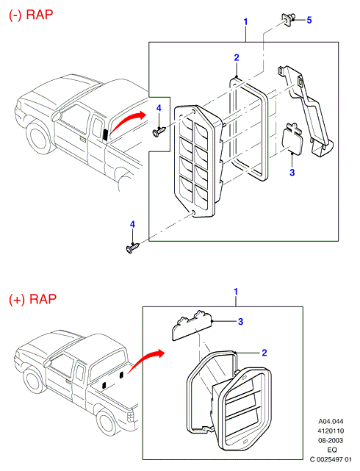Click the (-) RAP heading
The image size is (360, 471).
[x=31, y=15]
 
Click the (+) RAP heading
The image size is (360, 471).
[x=33, y=299]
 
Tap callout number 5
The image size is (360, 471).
[x=309, y=20]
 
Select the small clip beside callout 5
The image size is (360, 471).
[x=288, y=18]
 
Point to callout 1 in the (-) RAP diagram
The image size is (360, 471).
[x=245, y=22]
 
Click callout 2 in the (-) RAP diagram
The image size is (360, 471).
[x=237, y=57]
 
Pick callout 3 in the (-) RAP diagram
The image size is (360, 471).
[x=292, y=173]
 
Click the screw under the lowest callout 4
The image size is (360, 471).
[x=132, y=248]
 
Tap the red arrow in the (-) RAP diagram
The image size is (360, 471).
[x=128, y=121]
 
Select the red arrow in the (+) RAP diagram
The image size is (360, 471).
[x=146, y=361]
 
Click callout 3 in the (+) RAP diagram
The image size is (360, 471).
[x=240, y=322]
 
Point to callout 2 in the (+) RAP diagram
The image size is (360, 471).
[x=264, y=353]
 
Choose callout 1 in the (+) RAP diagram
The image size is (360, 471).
[x=236, y=292]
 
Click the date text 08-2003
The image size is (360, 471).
[x=331, y=440]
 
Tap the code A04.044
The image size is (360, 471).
[x=331, y=421]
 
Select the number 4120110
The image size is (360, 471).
[x=331, y=431]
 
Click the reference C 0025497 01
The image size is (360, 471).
[x=331, y=459]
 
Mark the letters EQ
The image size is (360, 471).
[x=331, y=450]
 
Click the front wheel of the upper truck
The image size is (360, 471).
[x=39, y=137]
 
